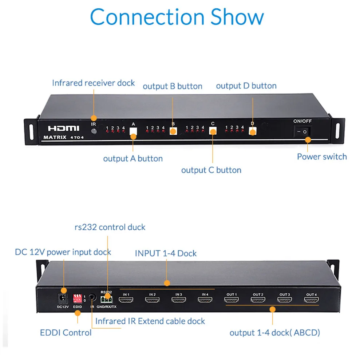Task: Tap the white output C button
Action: (x=213, y=131)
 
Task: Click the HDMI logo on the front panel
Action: (x=63, y=128)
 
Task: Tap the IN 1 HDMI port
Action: (x=126, y=300)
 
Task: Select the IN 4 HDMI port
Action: (x=205, y=300)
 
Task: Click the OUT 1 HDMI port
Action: (x=231, y=300)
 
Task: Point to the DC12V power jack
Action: (x=63, y=298)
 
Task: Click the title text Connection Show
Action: (x=177, y=16)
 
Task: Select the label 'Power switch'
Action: (x=322, y=157)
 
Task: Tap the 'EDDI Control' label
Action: (x=66, y=332)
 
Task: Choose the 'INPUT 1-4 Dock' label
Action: (x=166, y=253)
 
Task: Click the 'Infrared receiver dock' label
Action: (x=93, y=83)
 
